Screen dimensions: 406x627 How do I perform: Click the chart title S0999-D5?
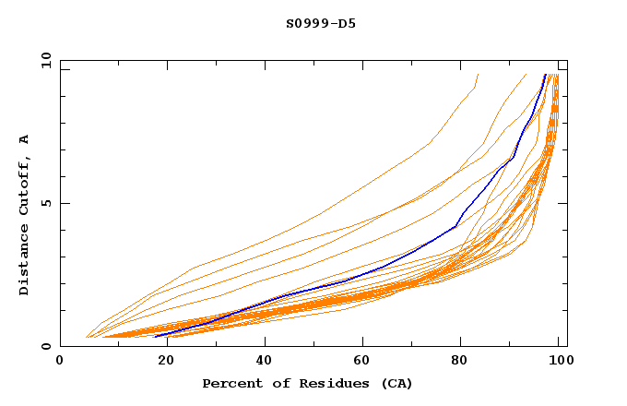coord(320,23)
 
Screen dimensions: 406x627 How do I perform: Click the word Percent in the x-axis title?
coord(231,383)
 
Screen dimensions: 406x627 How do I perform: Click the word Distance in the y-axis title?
coord(24,260)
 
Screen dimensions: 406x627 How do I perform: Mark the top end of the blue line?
coord(545,75)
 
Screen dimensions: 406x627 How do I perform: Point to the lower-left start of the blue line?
coord(156,337)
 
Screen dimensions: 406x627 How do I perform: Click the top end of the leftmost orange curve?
coord(478,75)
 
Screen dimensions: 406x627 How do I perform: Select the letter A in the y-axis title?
coord(24,139)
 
